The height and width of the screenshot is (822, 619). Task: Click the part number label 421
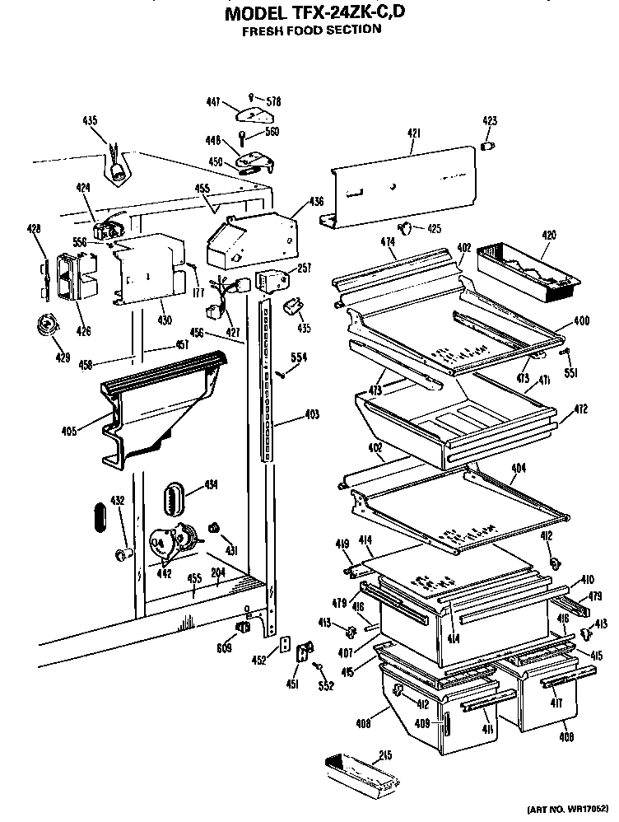pyautogui.click(x=414, y=133)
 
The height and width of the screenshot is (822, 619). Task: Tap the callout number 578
pyautogui.click(x=273, y=102)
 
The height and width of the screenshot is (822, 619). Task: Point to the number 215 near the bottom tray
pyautogui.click(x=384, y=755)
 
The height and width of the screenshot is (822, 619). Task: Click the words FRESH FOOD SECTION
pyautogui.click(x=311, y=30)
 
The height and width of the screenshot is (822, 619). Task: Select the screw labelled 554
pyautogui.click(x=282, y=375)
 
